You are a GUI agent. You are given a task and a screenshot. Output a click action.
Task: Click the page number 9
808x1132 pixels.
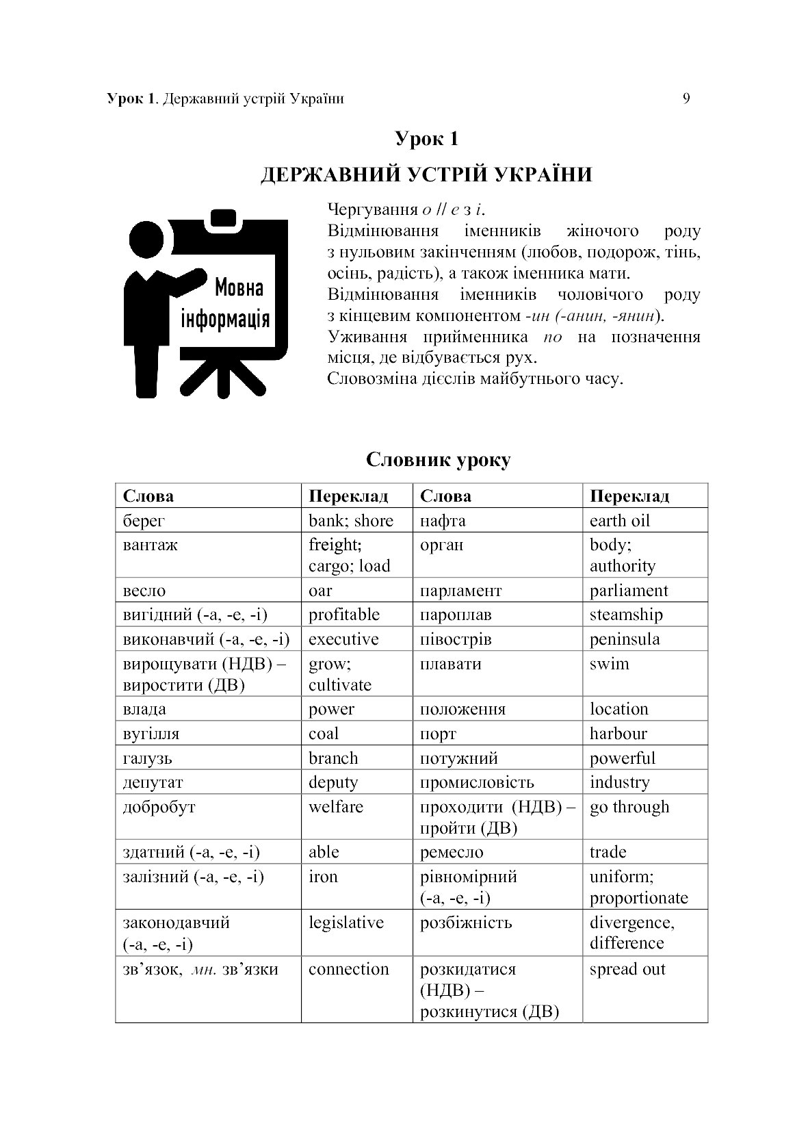pyautogui.click(x=686, y=99)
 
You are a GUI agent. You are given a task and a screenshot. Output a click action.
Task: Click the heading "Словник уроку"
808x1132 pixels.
pyautogui.click(x=438, y=459)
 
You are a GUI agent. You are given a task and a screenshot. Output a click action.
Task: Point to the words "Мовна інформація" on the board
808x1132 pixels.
pyautogui.click(x=225, y=303)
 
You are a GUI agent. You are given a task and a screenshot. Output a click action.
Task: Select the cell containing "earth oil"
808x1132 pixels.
pyautogui.click(x=619, y=521)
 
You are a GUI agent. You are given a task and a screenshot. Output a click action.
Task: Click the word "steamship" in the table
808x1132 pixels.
pyautogui.click(x=626, y=615)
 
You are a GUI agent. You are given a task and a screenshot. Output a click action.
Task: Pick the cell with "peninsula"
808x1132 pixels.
pyautogui.click(x=625, y=639)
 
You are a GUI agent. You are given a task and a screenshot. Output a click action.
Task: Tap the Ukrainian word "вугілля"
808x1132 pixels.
pyautogui.click(x=151, y=734)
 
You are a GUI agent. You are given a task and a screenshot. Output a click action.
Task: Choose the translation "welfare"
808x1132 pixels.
pyautogui.click(x=335, y=807)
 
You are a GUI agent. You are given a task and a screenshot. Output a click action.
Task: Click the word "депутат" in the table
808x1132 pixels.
pyautogui.click(x=153, y=782)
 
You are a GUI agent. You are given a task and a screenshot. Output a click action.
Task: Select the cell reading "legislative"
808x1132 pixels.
pyautogui.click(x=346, y=923)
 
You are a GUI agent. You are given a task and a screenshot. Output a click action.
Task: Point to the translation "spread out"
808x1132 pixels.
pyautogui.click(x=627, y=969)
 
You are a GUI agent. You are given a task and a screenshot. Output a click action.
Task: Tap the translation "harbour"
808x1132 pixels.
pyautogui.click(x=618, y=734)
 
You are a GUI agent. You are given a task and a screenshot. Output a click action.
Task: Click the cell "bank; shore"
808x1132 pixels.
pyautogui.click(x=351, y=521)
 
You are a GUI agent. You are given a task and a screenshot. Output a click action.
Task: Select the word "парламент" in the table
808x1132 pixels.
pyautogui.click(x=460, y=591)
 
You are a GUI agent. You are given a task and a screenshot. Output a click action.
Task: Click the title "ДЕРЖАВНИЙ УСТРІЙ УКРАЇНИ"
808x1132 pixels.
pyautogui.click(x=426, y=175)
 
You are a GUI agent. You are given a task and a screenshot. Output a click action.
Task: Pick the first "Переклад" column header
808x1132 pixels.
pyautogui.click(x=348, y=496)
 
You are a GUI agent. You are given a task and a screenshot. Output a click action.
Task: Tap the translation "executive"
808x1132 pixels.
pyautogui.click(x=343, y=639)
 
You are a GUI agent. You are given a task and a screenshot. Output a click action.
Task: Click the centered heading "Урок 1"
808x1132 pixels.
pyautogui.click(x=426, y=139)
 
